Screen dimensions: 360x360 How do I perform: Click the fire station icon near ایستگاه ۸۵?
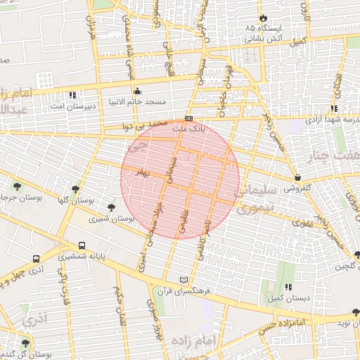pyautogui.click(x=262, y=16)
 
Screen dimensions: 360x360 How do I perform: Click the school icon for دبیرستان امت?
pyautogui.click(x=72, y=94)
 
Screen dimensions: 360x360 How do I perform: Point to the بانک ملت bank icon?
pyautogui.click(x=188, y=119)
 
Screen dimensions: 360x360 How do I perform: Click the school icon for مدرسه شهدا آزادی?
pyautogui.click(x=334, y=108)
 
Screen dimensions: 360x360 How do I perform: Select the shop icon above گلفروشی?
pyautogui.click(x=300, y=177)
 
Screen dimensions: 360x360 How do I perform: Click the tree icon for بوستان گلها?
pyautogui.click(x=75, y=188)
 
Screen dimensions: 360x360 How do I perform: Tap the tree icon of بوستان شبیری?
pyautogui.click(x=111, y=207)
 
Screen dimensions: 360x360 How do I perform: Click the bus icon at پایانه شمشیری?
pyautogui.click(x=82, y=246)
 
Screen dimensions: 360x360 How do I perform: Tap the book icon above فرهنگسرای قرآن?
pyautogui.click(x=184, y=279)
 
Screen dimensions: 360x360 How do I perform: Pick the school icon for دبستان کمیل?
pyautogui.click(x=288, y=287)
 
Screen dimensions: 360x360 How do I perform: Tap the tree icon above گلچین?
pyautogui.click(x=356, y=255)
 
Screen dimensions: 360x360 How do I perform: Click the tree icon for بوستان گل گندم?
pyautogui.click(x=26, y=343)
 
